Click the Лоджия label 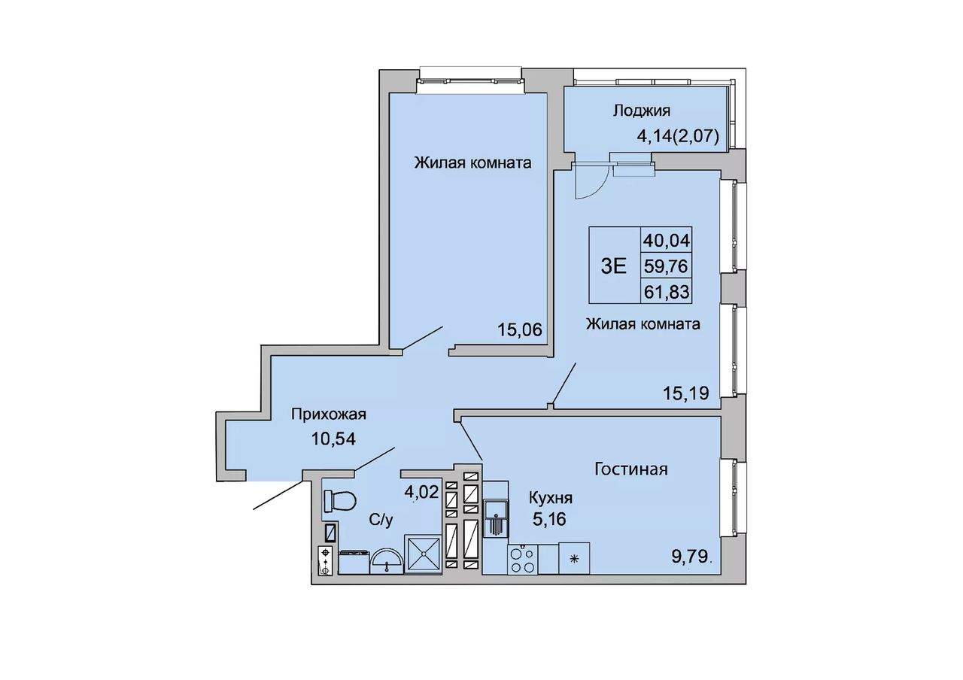point(642,111)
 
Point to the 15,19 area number point(685,393)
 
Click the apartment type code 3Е point(613,266)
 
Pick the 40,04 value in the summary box point(667,240)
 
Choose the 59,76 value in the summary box point(667,266)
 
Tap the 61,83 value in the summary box point(667,293)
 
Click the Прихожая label point(329,414)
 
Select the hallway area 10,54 point(333,439)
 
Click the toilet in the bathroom point(339,501)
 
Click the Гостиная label point(631,469)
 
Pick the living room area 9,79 point(690,557)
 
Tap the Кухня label point(550,499)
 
